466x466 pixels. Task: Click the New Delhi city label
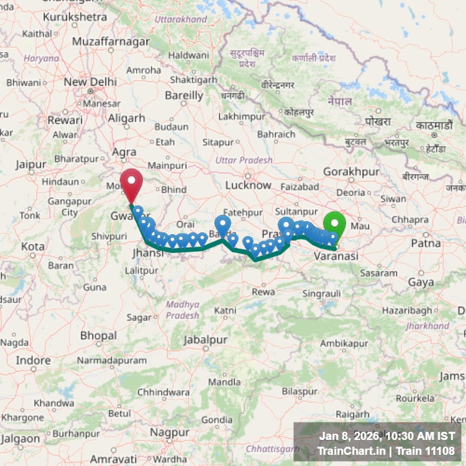pyautogui.click(x=90, y=82)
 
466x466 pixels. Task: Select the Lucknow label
pyautogui.click(x=249, y=185)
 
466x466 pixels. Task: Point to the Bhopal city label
pyautogui.click(x=98, y=336)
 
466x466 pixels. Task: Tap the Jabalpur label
pyautogui.click(x=205, y=340)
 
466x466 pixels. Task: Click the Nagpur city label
pyautogui.click(x=170, y=432)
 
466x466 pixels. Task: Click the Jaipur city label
pyautogui.click(x=32, y=165)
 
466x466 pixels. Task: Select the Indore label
pyautogui.click(x=34, y=360)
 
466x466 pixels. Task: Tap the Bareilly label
pyautogui.click(x=184, y=96)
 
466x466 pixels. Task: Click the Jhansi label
pyautogui.click(x=145, y=254)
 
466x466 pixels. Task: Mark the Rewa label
pyautogui.click(x=263, y=291)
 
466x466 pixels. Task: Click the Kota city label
pyautogui.click(x=32, y=246)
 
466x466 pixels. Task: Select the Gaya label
pyautogui.click(x=421, y=282)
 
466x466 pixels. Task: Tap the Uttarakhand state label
pyautogui.click(x=181, y=19)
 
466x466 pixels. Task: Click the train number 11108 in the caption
pyautogui.click(x=441, y=451)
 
